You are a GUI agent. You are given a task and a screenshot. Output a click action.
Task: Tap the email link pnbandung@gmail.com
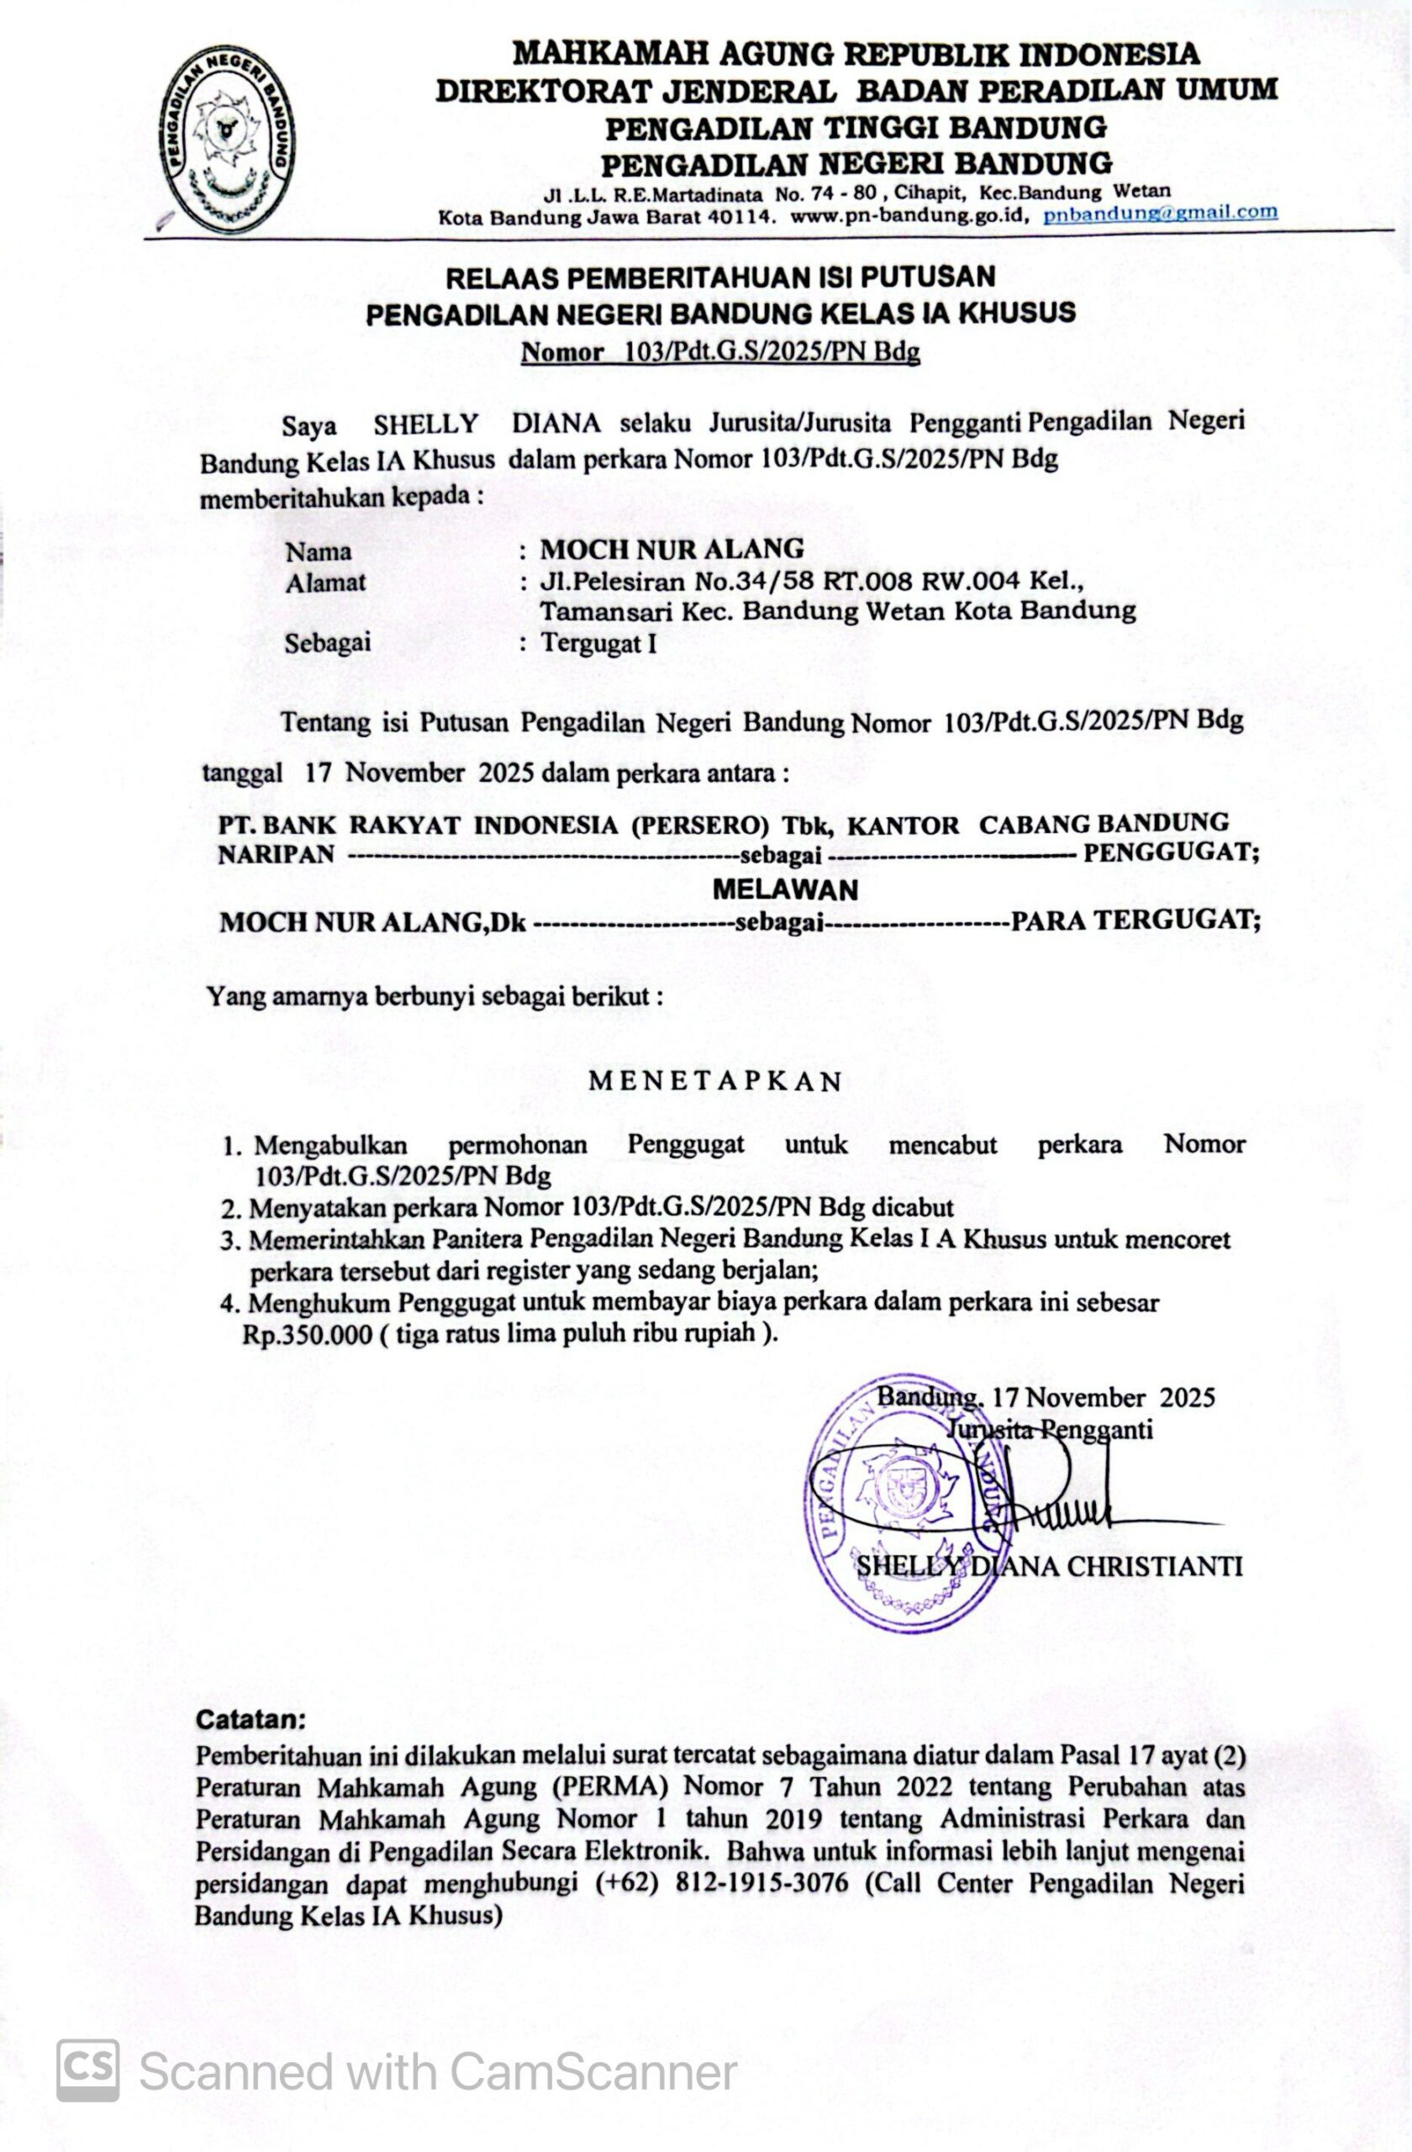point(1160,214)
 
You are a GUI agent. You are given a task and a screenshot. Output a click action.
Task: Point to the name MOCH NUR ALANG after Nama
point(672,548)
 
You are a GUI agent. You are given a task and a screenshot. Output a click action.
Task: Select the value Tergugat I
point(598,643)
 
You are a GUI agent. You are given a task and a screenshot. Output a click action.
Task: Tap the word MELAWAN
point(785,889)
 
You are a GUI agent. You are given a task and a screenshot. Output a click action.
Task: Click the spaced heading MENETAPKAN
point(715,1081)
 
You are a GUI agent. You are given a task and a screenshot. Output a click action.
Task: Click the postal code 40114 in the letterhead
point(740,217)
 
